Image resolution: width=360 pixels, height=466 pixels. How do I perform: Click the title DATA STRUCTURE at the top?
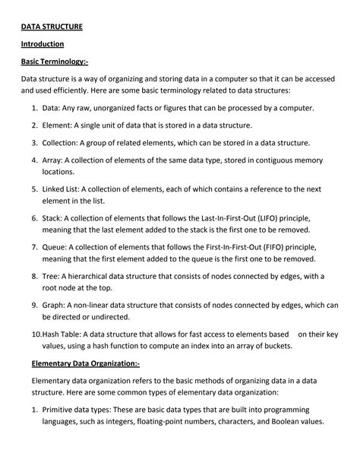[52, 27]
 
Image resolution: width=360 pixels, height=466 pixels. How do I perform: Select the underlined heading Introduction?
[42, 44]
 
